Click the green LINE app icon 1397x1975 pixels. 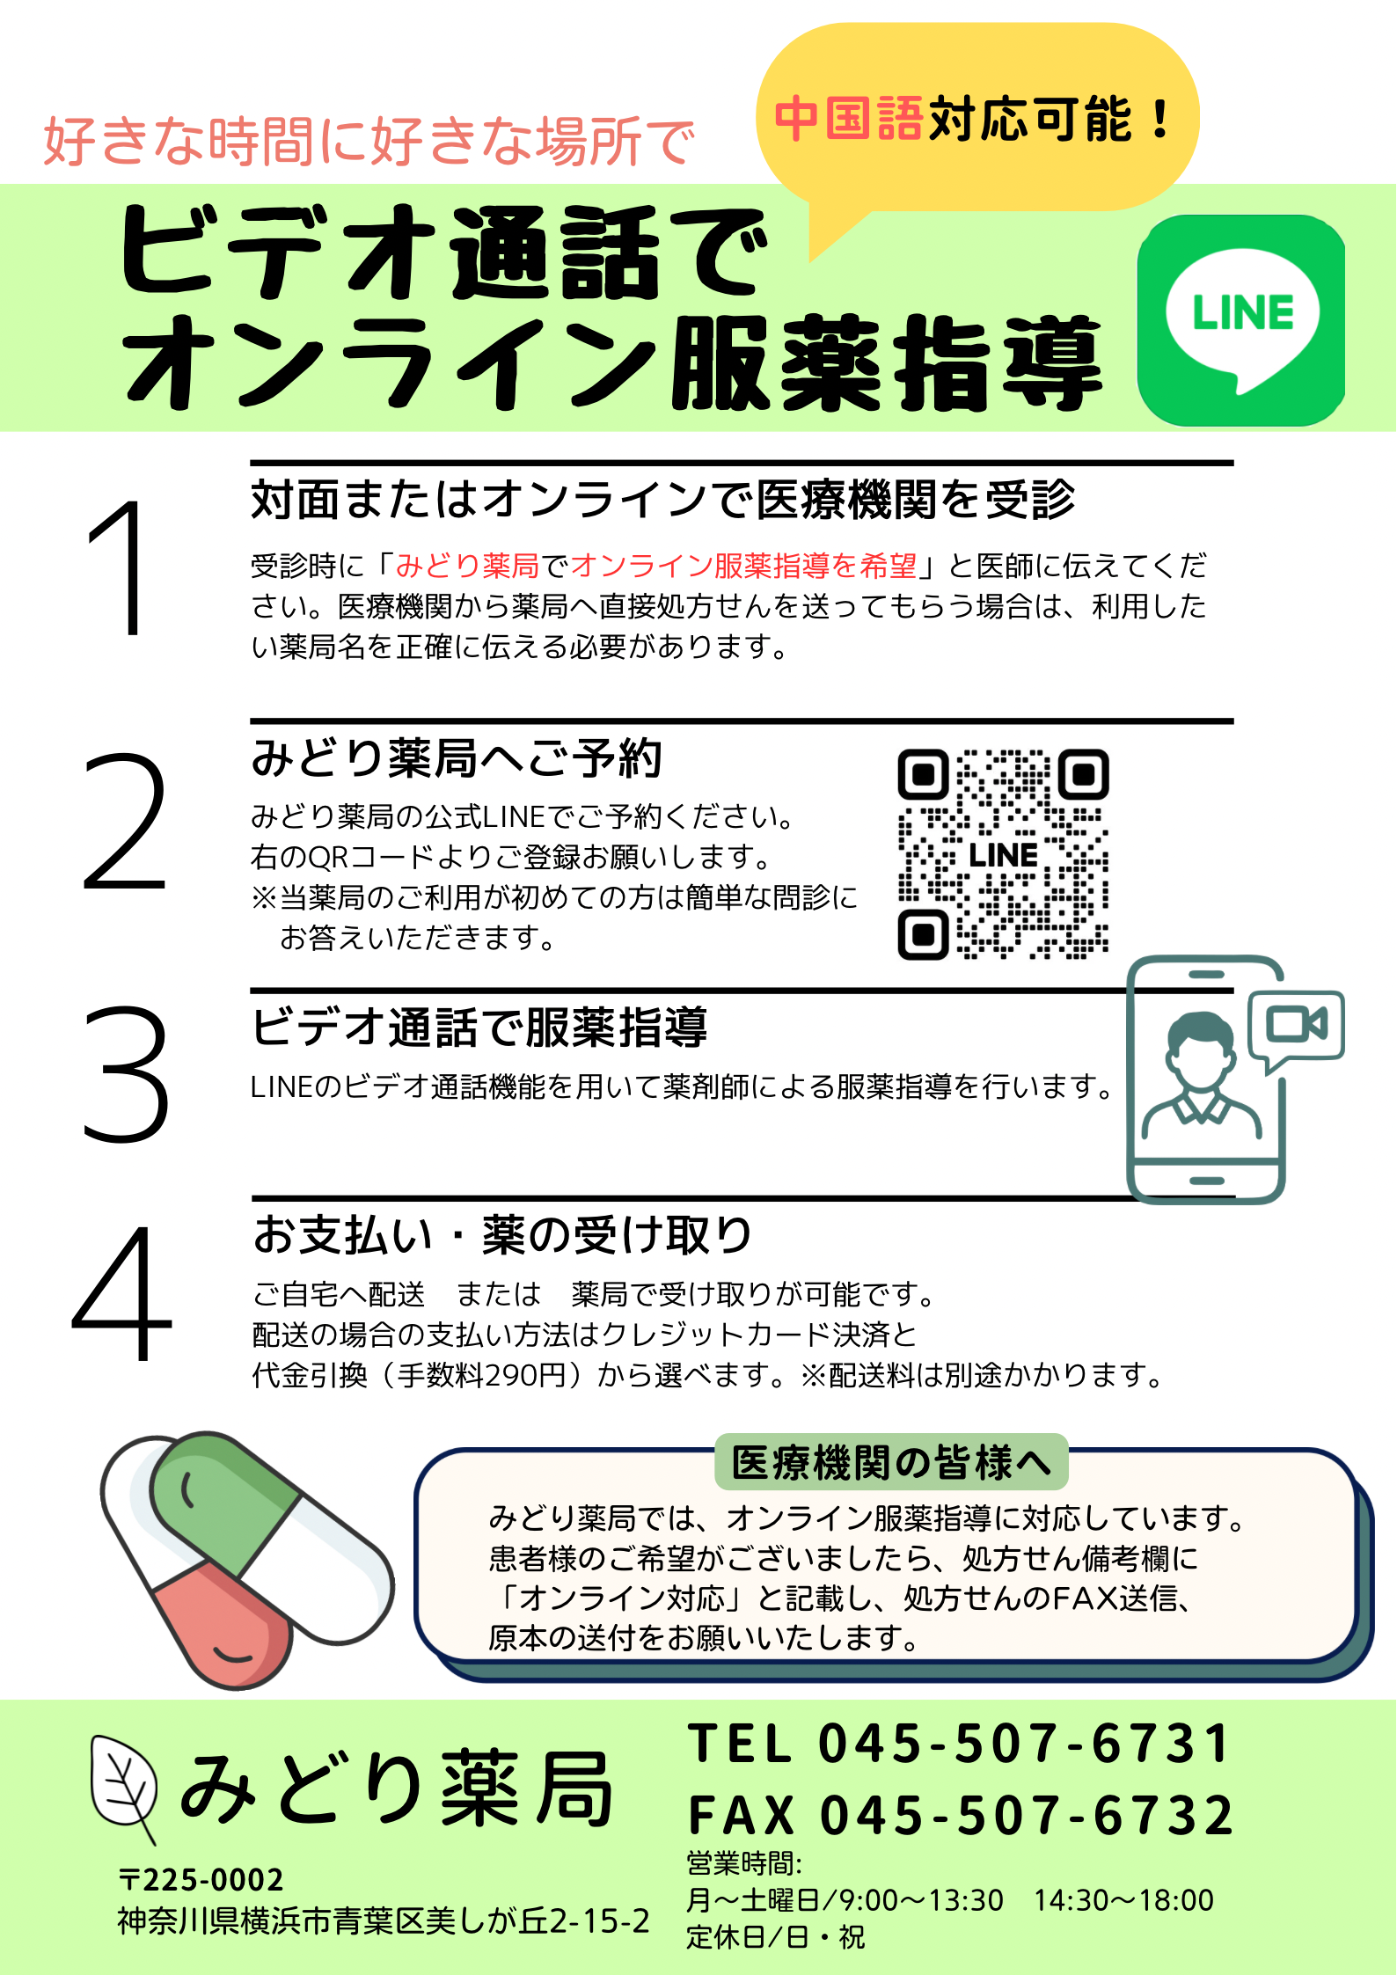(x=1241, y=320)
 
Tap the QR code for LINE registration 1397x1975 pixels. (x=1003, y=854)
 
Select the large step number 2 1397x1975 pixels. (x=125, y=822)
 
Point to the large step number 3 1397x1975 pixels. (x=126, y=1074)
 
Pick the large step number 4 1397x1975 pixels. (x=121, y=1292)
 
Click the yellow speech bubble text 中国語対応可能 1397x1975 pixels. (x=973, y=119)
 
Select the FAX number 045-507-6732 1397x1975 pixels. (x=1027, y=1815)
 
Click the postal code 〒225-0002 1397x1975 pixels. (x=201, y=1880)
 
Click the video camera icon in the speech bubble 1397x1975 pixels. (x=1296, y=1024)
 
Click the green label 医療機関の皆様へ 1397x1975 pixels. (x=891, y=1463)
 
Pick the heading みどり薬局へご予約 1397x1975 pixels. (x=456, y=758)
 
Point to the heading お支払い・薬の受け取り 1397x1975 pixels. (x=502, y=1234)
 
